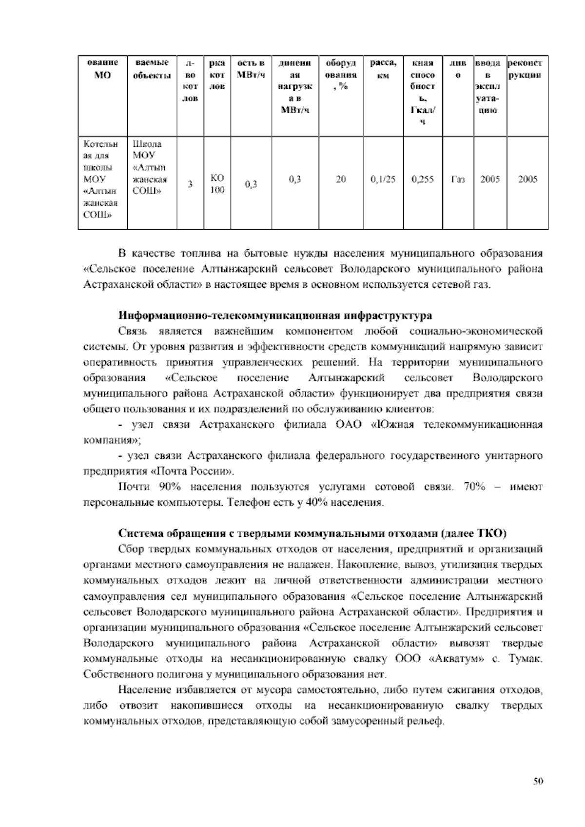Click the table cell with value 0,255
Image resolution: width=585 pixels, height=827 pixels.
coord(423,179)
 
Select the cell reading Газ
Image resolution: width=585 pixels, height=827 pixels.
coord(458,179)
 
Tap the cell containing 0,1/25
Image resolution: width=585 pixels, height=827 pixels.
coord(383,179)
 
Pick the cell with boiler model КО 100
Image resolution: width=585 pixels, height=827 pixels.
coord(217,184)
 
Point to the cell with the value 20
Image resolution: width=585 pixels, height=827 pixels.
coord(341,179)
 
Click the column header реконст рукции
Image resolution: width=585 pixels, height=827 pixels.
coord(527,70)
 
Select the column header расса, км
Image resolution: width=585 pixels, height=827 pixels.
coord(383,70)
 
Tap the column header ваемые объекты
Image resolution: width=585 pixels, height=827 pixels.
coord(152,70)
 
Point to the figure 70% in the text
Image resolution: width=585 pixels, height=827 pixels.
coord(476,487)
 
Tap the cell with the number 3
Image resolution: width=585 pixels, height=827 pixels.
coord(191,184)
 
